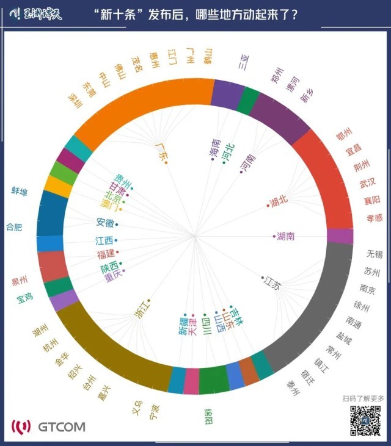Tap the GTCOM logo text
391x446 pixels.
(x=61, y=426)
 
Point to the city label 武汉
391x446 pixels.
(x=368, y=182)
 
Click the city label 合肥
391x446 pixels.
(x=14, y=227)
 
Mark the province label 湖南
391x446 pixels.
(x=285, y=236)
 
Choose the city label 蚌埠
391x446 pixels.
(x=20, y=192)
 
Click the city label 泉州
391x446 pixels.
(x=20, y=281)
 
